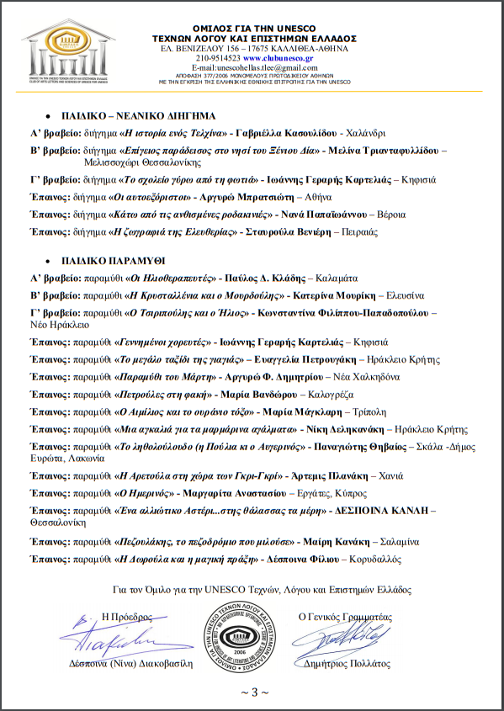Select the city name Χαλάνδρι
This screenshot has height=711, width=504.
[366, 133]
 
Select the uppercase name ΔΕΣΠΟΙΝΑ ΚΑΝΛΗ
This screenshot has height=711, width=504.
[383, 510]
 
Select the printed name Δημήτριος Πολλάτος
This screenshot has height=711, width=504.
[345, 663]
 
